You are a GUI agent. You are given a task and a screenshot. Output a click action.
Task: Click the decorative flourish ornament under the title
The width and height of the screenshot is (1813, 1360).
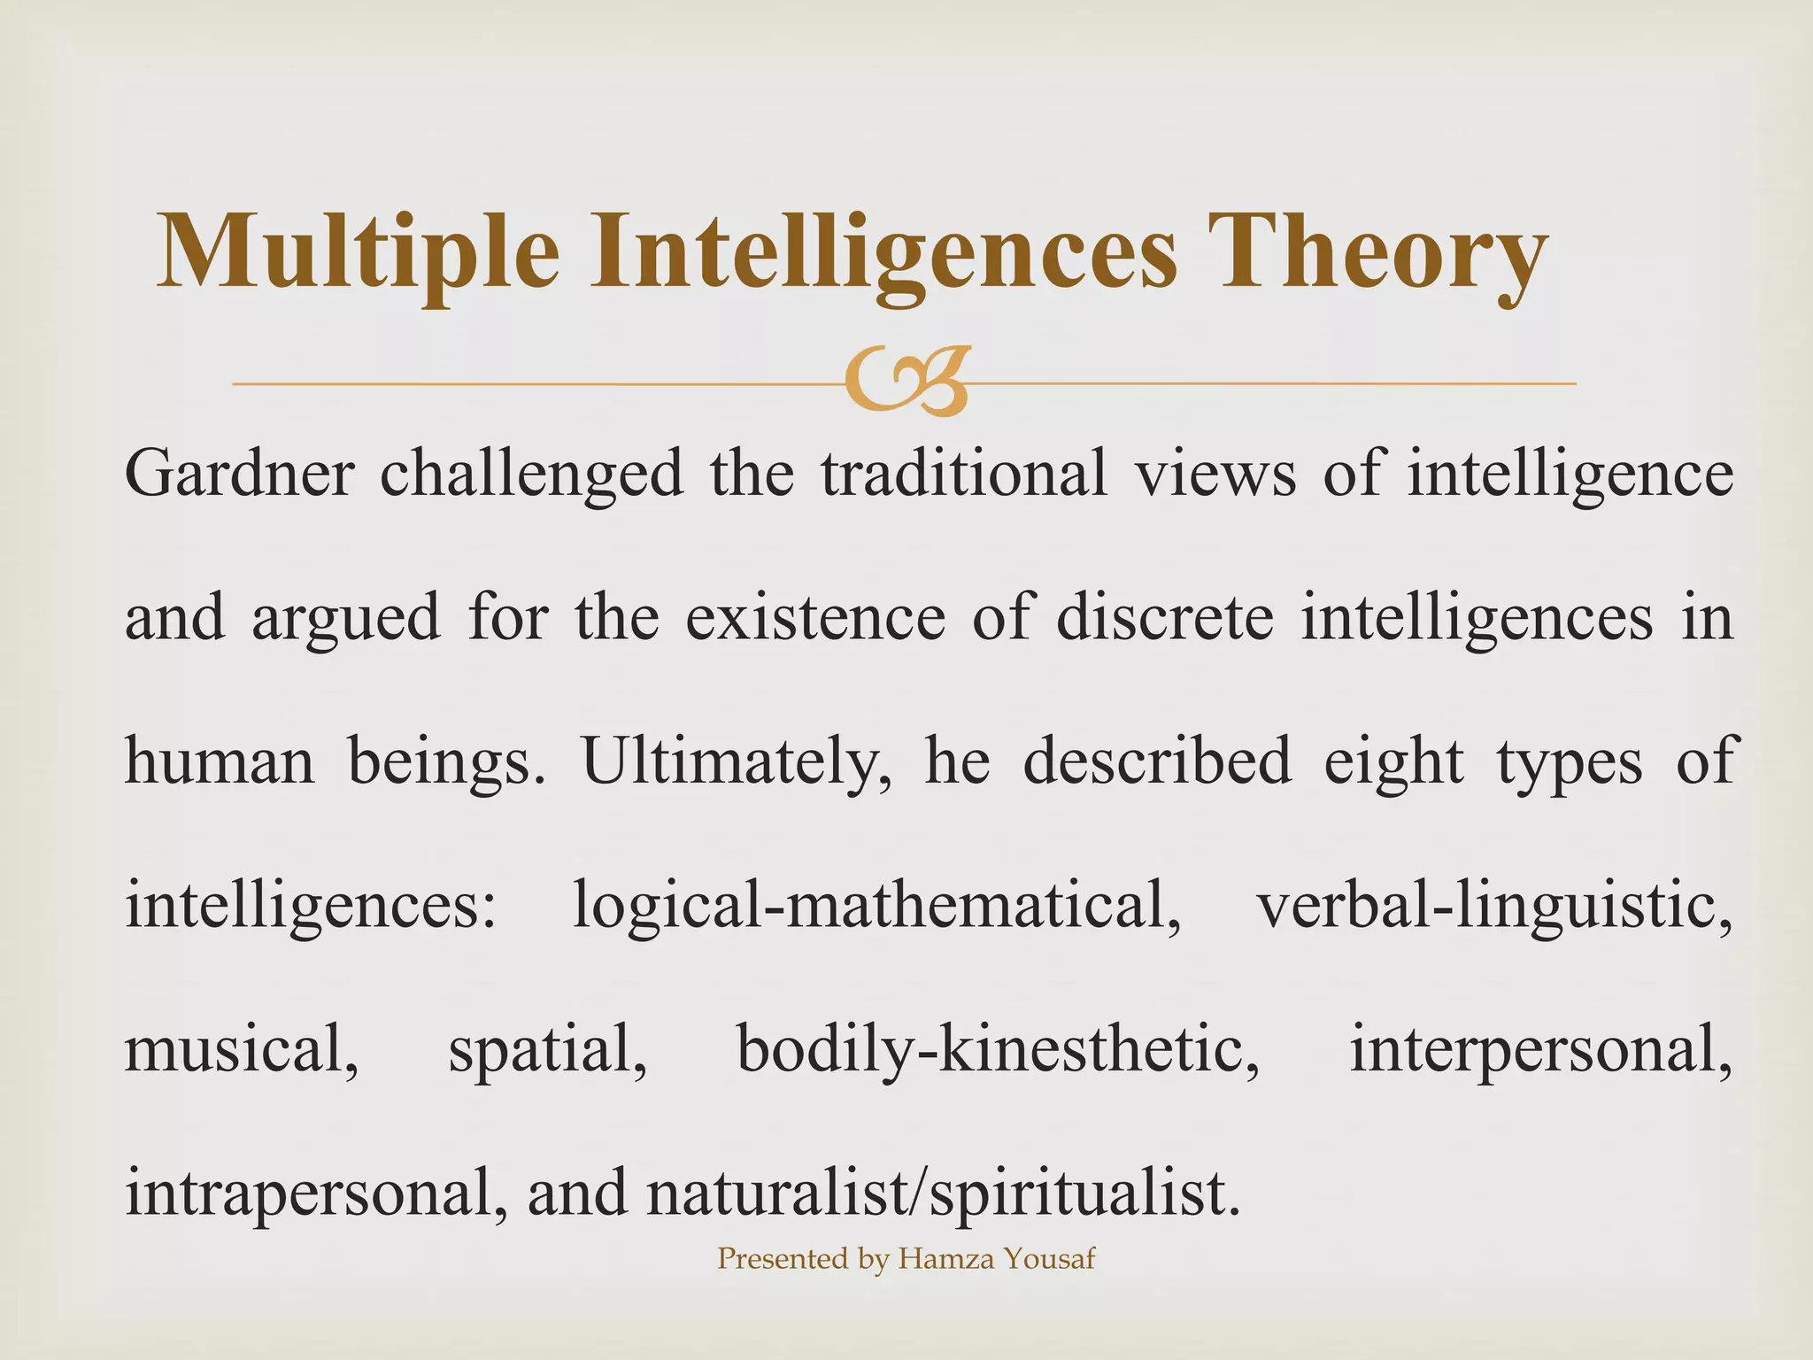906,382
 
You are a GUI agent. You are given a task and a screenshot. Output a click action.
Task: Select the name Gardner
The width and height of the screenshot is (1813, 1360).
239,474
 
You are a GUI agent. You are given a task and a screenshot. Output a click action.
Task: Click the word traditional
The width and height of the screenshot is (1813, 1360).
964,474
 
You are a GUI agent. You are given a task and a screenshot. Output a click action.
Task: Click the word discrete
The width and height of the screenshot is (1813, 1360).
1164,617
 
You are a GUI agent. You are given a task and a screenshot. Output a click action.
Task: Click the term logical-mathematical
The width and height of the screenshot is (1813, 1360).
876,907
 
